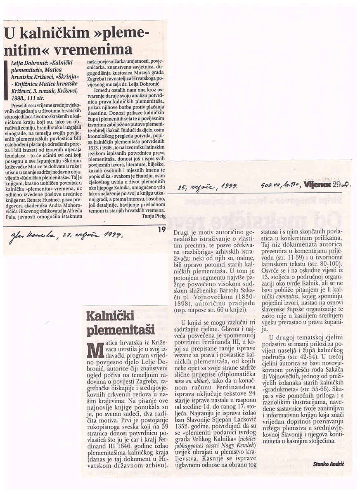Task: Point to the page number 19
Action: point(161,229)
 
